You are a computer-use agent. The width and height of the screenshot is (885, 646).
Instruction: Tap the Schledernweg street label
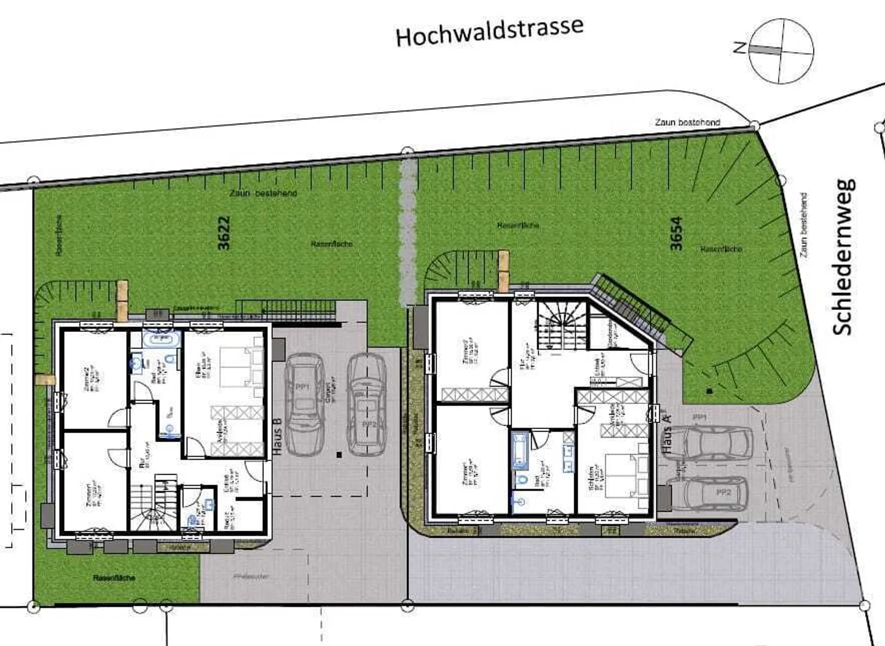click(x=843, y=257)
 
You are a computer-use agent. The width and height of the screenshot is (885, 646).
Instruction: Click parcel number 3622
click(x=224, y=232)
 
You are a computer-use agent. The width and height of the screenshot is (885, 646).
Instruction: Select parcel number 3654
click(x=676, y=234)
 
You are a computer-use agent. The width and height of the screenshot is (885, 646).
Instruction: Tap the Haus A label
click(x=667, y=434)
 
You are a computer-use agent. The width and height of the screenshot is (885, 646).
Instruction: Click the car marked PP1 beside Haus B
click(x=305, y=403)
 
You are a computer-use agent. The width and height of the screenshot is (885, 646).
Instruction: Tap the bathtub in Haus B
click(x=161, y=337)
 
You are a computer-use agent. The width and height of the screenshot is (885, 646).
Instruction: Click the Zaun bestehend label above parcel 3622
click(x=263, y=193)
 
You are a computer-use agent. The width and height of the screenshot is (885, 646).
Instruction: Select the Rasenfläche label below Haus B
click(x=114, y=578)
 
